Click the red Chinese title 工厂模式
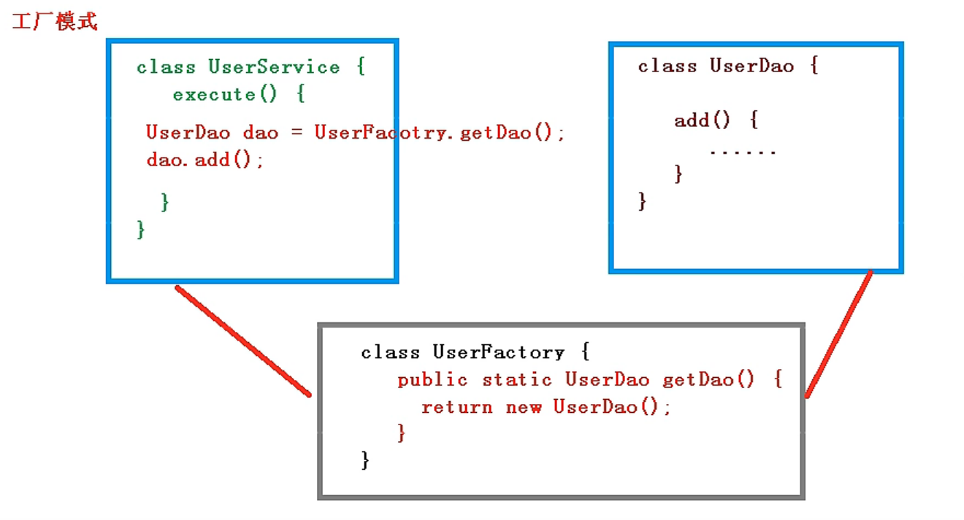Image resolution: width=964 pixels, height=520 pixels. pos(55,21)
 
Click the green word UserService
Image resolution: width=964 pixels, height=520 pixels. pos(274,67)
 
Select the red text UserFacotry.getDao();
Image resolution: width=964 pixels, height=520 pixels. pos(440,132)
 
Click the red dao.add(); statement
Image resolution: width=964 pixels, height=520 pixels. pos(204,160)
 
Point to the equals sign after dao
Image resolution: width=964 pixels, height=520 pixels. pos(297,132)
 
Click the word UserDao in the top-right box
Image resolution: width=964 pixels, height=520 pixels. pos(751,66)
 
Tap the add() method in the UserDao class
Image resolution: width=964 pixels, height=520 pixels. pos(702,120)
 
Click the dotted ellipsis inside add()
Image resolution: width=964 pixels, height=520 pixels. pos(743,152)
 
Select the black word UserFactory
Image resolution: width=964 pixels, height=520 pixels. pos(498,352)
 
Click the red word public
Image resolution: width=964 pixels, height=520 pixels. pos(432,380)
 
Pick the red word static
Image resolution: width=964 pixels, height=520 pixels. pos(517,380)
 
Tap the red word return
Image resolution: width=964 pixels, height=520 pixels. pos(457,407)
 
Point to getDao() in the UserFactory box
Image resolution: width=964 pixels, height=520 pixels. pos(708,380)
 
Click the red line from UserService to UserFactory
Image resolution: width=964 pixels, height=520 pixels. pos(243,341)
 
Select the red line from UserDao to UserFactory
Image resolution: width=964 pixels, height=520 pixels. pos(839,334)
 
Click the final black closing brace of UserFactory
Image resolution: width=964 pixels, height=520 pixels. pos(365,460)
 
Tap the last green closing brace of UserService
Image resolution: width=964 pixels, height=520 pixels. pos(141,230)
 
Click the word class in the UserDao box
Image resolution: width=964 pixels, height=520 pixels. pos(667,66)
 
